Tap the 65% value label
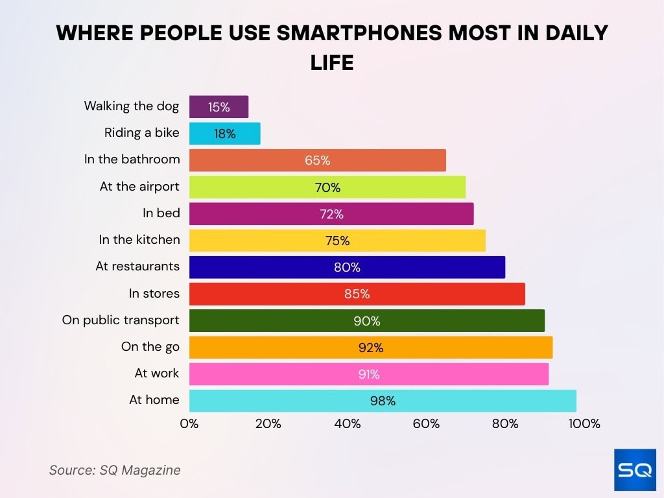(x=318, y=160)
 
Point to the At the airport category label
(x=139, y=187)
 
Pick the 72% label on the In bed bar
(x=331, y=214)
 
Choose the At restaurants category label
(x=137, y=267)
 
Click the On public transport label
(x=121, y=320)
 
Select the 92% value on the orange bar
(x=371, y=348)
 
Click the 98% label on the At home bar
(x=383, y=401)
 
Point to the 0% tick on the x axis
(x=189, y=424)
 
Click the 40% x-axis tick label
(x=348, y=424)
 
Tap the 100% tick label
(x=584, y=424)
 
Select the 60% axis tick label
(x=426, y=424)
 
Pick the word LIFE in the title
(x=331, y=63)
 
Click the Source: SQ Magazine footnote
(x=115, y=470)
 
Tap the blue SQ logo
(x=635, y=469)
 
